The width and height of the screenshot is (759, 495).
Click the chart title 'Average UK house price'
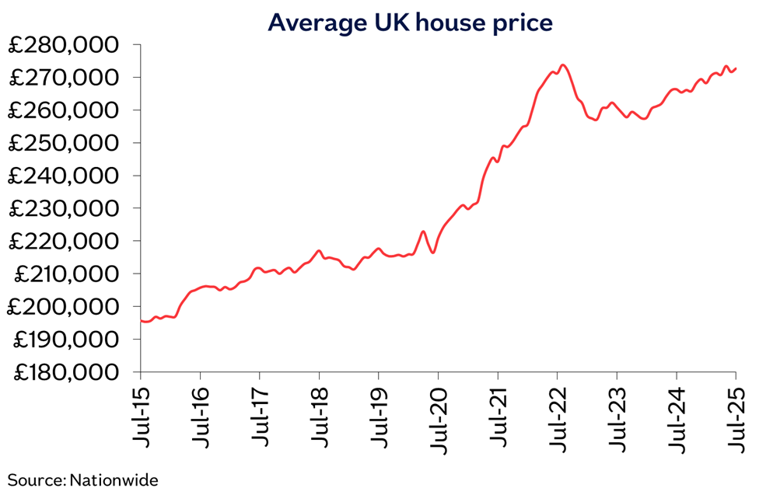410,23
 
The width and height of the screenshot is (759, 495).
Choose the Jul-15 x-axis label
141,417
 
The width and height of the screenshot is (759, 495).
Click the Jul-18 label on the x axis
319,417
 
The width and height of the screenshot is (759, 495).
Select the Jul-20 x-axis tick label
438,417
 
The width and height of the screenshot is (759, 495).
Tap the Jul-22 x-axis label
557,417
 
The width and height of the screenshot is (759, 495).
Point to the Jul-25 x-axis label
735,417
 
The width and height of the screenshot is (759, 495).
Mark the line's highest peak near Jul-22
563,65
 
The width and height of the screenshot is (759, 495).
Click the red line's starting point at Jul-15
142,320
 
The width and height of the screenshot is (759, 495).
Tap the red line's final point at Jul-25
736,68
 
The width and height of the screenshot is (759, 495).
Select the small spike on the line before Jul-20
423,232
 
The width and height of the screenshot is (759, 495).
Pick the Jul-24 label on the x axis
676,417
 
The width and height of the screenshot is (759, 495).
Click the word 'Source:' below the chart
37,480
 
